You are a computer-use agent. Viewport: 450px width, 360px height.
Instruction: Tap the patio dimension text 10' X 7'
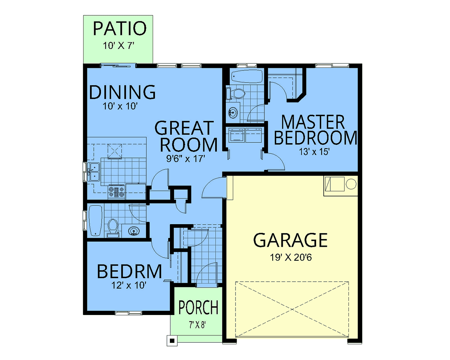(118, 46)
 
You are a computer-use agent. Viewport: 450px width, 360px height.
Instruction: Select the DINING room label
(122, 92)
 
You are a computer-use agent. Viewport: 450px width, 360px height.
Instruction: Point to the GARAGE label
(290, 240)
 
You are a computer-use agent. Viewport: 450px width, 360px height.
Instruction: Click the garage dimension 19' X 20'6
(291, 257)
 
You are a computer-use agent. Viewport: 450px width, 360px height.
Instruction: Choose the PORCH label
(198, 307)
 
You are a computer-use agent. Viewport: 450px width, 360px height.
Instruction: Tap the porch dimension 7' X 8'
(197, 325)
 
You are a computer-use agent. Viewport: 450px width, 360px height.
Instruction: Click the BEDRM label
(129, 271)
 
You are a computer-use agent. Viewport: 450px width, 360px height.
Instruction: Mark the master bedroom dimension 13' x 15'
(314, 151)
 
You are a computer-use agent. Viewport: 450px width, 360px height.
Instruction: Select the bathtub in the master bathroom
(247, 76)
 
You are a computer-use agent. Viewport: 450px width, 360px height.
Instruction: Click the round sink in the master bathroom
(233, 113)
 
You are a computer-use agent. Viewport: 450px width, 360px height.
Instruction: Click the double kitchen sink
(93, 172)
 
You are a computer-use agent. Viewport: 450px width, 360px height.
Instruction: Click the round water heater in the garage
(351, 184)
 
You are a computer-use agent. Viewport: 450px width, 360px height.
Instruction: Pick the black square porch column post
(172, 341)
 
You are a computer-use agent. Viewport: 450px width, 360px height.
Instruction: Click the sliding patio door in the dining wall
(118, 66)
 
